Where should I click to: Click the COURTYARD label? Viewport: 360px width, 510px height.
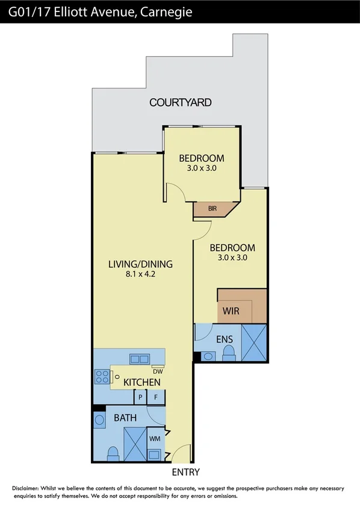coord(180,102)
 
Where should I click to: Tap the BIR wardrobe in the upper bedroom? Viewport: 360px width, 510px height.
coord(213,209)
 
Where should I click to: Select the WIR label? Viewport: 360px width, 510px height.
coord(231,311)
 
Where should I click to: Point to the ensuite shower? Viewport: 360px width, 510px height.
coord(253,343)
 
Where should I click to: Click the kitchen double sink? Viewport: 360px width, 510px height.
coord(140,359)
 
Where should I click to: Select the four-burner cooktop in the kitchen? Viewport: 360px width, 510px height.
coord(101,377)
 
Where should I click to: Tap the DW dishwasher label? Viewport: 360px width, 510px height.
coord(158,372)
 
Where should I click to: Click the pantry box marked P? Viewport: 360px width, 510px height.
coord(140,397)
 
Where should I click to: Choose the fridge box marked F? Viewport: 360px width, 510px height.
coord(156,397)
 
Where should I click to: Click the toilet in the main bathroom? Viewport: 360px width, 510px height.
coord(112,453)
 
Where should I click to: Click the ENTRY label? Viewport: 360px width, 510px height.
coord(185,472)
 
